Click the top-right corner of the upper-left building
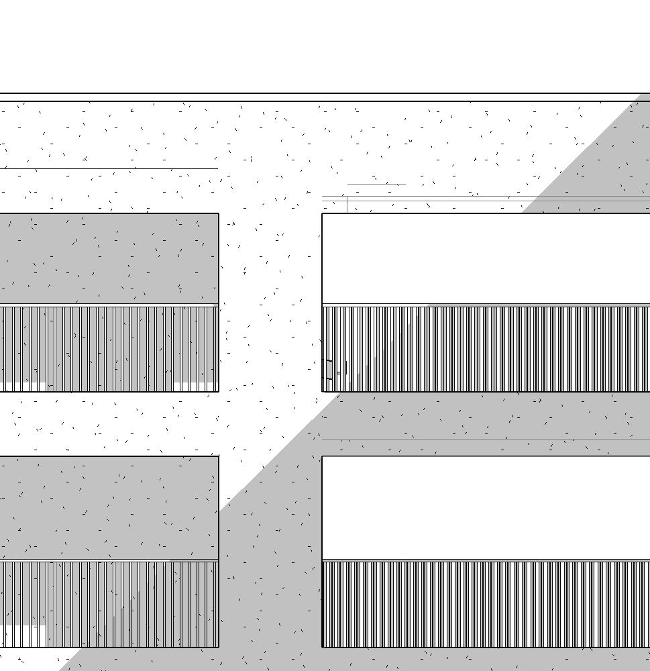219,213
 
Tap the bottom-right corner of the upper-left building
219,391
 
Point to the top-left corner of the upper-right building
322,213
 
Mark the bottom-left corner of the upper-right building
322,391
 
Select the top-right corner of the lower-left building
219,456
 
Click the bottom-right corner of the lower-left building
219,648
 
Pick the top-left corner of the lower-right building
322,456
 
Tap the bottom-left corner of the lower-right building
322,648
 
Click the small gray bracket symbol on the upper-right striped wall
329,370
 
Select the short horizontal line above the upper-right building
376,184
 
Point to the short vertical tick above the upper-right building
347,205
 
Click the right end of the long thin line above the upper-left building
217,168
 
